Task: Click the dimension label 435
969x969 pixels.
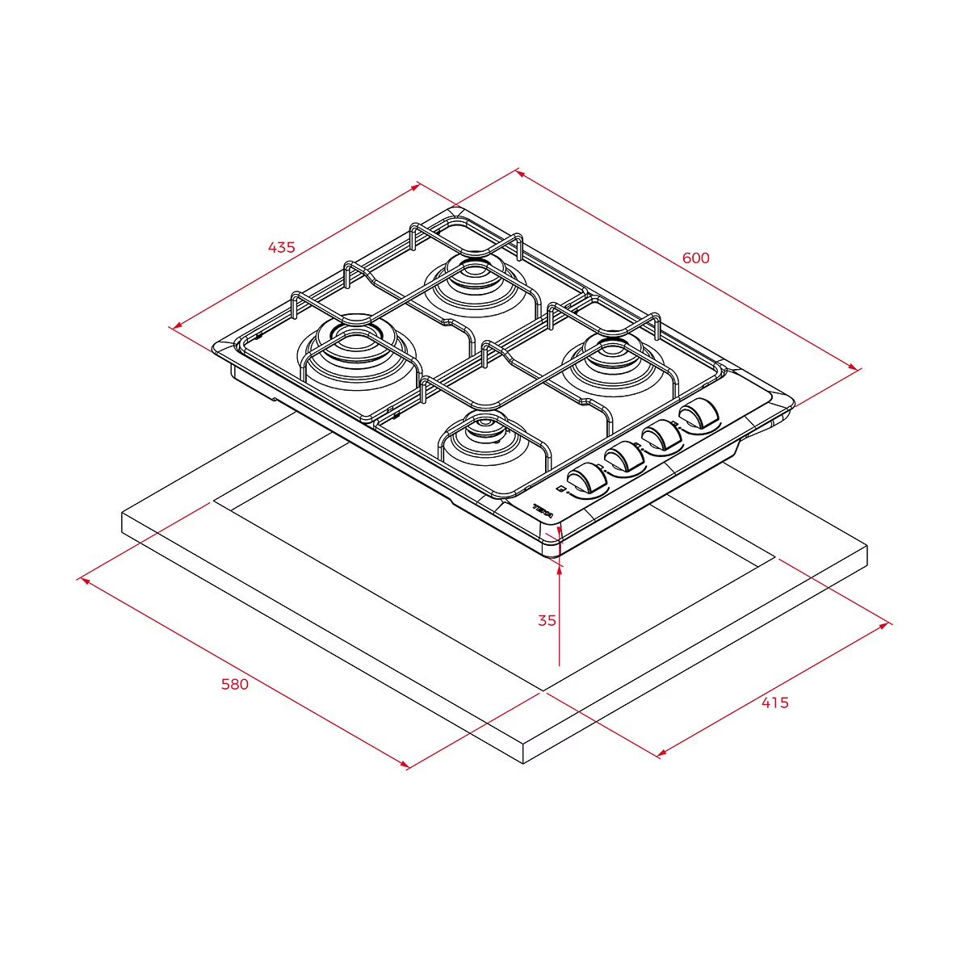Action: [281, 247]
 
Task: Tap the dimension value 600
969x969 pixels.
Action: [695, 258]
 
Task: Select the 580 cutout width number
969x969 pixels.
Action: [235, 685]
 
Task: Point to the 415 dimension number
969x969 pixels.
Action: [775, 703]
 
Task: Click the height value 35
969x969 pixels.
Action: [547, 620]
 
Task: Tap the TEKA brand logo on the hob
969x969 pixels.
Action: [543, 511]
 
